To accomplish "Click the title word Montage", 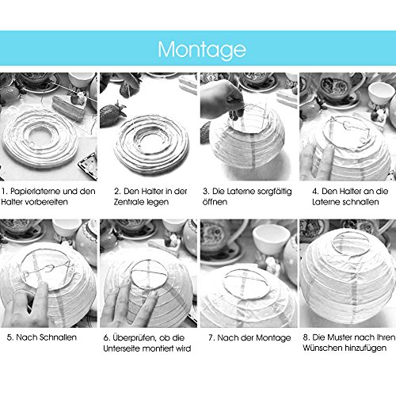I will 197,49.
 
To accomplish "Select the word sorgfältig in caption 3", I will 266,192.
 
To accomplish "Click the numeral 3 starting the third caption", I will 204,192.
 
